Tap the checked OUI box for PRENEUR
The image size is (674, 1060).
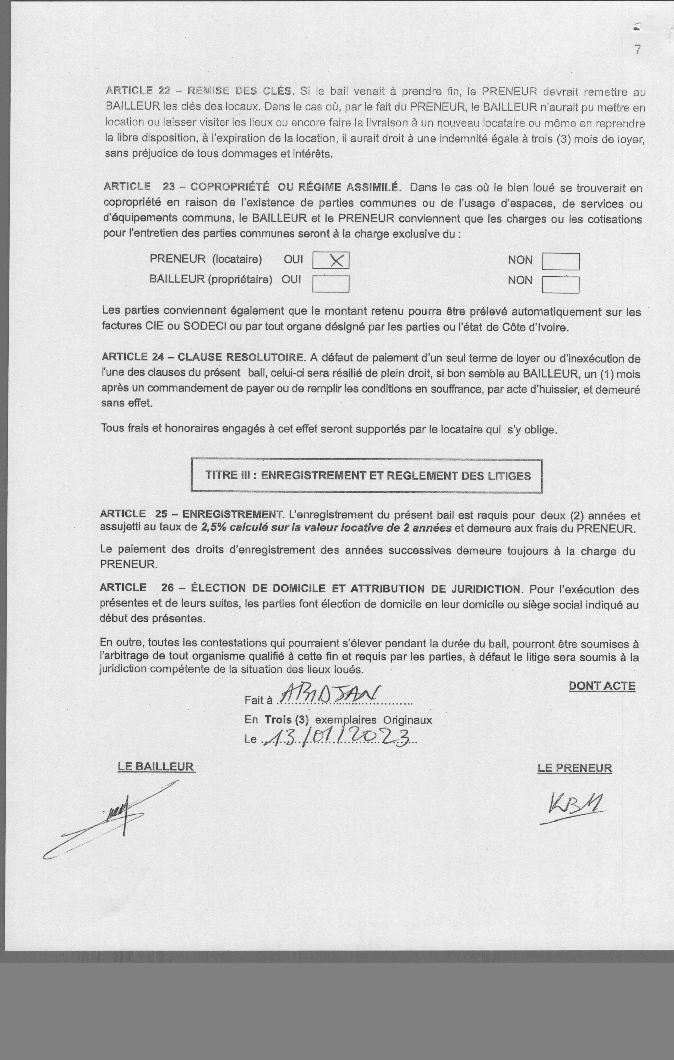coord(331,260)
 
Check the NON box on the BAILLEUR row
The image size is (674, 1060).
coord(560,284)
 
